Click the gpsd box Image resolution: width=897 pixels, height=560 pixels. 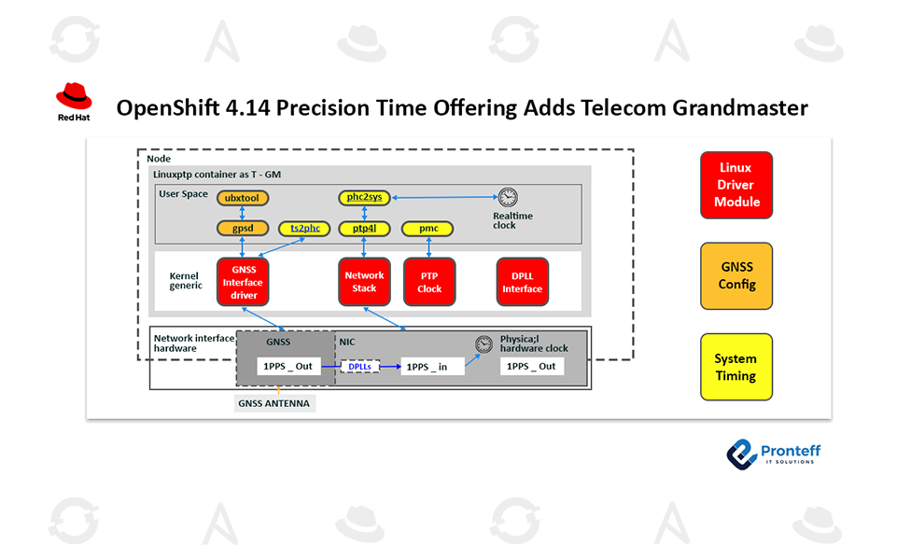click(x=242, y=228)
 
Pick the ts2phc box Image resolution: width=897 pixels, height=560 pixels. click(x=304, y=228)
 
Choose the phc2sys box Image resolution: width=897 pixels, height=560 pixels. click(x=365, y=198)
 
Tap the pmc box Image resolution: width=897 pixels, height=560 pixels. click(x=427, y=228)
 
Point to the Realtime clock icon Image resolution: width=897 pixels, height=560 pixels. click(x=508, y=198)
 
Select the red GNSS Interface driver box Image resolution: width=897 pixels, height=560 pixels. click(x=243, y=282)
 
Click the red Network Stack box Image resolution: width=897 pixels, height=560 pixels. click(x=364, y=282)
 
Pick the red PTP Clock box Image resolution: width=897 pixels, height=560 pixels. click(x=429, y=282)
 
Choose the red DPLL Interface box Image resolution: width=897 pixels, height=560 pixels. click(x=523, y=282)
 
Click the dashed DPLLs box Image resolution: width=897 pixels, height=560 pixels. click(x=359, y=367)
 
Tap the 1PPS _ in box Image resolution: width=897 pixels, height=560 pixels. click(x=432, y=367)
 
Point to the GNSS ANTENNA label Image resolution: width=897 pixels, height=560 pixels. click(x=273, y=404)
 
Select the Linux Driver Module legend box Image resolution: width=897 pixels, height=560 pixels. click(x=736, y=185)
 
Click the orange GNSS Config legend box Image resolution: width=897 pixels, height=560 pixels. click(x=736, y=275)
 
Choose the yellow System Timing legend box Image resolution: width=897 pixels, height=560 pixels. click(x=736, y=367)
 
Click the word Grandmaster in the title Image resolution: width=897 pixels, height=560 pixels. click(x=740, y=108)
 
